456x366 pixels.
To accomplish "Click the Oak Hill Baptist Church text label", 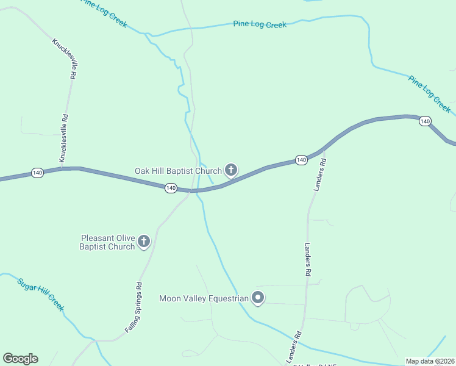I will (178, 171).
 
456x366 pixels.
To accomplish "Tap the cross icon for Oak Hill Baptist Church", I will (230, 170).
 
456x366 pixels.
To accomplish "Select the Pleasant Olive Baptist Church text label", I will (107, 242).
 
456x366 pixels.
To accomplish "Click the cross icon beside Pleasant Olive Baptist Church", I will (144, 242).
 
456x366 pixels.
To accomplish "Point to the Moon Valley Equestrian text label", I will (204, 298).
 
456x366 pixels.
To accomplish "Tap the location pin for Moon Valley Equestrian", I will (258, 298).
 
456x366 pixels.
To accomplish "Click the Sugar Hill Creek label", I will (40, 295).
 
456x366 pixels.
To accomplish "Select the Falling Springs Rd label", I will (134, 307).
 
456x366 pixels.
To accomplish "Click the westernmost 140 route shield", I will (38, 173).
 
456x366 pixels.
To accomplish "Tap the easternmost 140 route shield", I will (425, 121).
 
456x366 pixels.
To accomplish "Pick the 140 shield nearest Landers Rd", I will (301, 160).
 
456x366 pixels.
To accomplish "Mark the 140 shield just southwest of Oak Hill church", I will (171, 188).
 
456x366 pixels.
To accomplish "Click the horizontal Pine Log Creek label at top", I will (259, 24).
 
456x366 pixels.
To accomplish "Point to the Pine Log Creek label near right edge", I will (429, 94).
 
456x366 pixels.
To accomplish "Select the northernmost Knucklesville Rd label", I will (64, 59).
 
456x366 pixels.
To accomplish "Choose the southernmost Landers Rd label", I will (295, 345).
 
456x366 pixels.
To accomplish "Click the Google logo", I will (21, 359).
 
